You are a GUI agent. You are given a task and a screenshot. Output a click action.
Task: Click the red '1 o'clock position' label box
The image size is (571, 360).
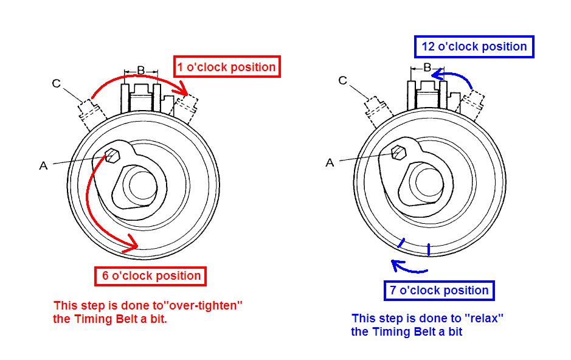pos(227,67)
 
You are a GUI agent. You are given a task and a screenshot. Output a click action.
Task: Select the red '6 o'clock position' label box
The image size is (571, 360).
pos(151,276)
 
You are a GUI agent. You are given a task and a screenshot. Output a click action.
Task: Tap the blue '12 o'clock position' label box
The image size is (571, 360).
pos(474,47)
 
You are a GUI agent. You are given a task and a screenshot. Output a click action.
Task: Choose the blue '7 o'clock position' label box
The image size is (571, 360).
pos(439,291)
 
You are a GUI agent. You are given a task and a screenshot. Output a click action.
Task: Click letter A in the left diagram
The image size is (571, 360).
pos(43,165)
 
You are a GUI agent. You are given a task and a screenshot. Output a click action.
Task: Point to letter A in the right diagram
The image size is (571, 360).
pos(330,162)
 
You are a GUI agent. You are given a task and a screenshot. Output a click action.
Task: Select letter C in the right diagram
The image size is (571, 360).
pos(343,81)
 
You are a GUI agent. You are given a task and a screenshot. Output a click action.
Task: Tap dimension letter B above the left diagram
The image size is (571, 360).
pos(140,71)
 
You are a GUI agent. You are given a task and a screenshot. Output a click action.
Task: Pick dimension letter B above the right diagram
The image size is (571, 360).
pos(427,67)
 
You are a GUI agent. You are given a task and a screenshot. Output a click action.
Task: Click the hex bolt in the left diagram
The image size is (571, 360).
pos(112,155)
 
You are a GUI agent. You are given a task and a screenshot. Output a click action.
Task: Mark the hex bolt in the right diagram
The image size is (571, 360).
pos(399,152)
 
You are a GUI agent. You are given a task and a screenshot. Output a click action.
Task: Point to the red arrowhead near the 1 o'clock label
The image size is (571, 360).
pos(182,91)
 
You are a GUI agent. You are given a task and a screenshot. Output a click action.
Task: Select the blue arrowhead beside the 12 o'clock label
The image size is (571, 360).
pos(438,74)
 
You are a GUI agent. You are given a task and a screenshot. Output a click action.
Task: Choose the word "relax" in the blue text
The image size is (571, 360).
pos(485,318)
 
